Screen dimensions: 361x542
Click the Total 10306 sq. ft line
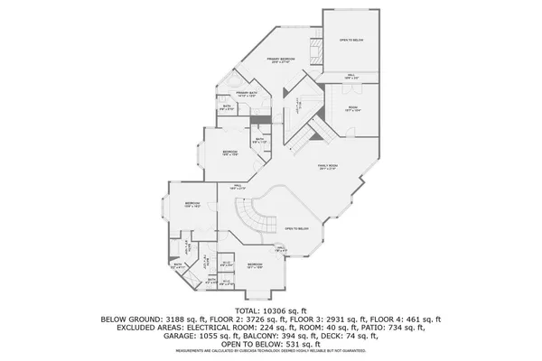[270, 310]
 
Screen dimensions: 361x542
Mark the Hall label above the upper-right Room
[352, 76]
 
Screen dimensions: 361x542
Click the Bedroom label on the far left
[192, 204]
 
